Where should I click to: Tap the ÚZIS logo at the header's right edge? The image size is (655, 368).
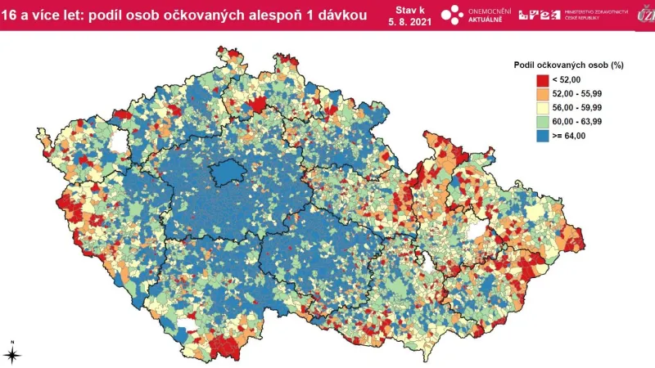(x=643, y=15)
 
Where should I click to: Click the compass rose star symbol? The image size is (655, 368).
(x=12, y=354)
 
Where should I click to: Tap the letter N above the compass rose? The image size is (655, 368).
(x=12, y=341)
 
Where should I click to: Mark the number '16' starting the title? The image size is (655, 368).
(x=8, y=15)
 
